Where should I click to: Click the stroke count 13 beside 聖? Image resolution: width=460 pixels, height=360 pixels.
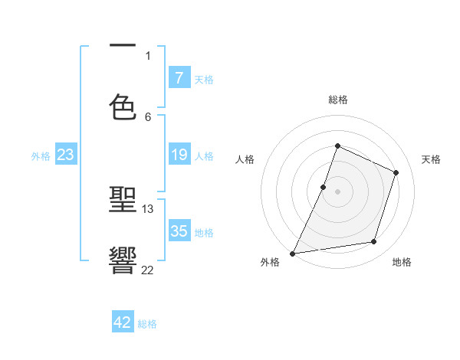pyautogui.click(x=148, y=208)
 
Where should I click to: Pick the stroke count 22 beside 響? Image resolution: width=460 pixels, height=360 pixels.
pyautogui.click(x=148, y=269)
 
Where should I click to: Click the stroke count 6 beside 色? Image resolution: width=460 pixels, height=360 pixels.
pyautogui.click(x=148, y=116)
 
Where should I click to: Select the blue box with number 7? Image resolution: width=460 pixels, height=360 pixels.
pyautogui.click(x=179, y=77)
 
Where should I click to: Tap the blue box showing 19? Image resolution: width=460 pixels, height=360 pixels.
pyautogui.click(x=179, y=155)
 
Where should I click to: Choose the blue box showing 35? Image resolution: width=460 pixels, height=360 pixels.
pyautogui.click(x=179, y=231)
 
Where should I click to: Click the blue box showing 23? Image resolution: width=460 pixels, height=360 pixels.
pyautogui.click(x=65, y=155)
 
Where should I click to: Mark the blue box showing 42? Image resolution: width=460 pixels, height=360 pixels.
pyautogui.click(x=123, y=322)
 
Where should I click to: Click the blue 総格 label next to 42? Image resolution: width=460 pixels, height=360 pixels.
pyautogui.click(x=147, y=324)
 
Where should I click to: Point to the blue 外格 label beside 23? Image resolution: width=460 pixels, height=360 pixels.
pyautogui.click(x=41, y=156)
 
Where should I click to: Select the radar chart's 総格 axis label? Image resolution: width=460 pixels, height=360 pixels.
pyautogui.click(x=337, y=100)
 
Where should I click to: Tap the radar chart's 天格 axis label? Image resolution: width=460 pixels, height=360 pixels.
pyautogui.click(x=431, y=159)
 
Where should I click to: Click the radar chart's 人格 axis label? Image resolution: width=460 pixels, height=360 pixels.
pyautogui.click(x=245, y=159)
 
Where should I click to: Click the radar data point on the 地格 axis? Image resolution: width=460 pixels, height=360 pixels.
pyautogui.click(x=374, y=242)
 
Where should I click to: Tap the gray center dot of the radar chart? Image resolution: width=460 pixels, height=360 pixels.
pyautogui.click(x=337, y=191)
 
